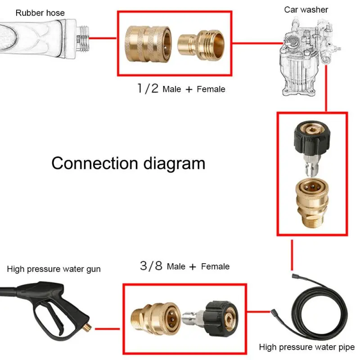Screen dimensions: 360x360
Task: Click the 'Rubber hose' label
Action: (x=40, y=13)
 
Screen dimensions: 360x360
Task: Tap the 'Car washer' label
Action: (x=306, y=9)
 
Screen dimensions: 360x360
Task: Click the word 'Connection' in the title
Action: (x=94, y=163)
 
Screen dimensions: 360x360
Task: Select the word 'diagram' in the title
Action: (x=174, y=164)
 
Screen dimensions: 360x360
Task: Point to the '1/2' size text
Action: (x=148, y=88)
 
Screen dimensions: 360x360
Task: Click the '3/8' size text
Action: (x=151, y=265)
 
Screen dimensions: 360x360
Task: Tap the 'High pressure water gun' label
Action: (x=54, y=269)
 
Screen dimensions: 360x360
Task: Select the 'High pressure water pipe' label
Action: (x=307, y=347)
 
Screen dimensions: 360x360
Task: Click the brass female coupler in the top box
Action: (x=148, y=44)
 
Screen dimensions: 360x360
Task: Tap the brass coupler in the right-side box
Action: (x=312, y=203)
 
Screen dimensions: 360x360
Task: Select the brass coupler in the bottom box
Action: (x=156, y=319)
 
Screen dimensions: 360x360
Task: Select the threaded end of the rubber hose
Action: (x=82, y=39)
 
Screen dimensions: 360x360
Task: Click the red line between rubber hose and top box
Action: (x=103, y=38)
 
